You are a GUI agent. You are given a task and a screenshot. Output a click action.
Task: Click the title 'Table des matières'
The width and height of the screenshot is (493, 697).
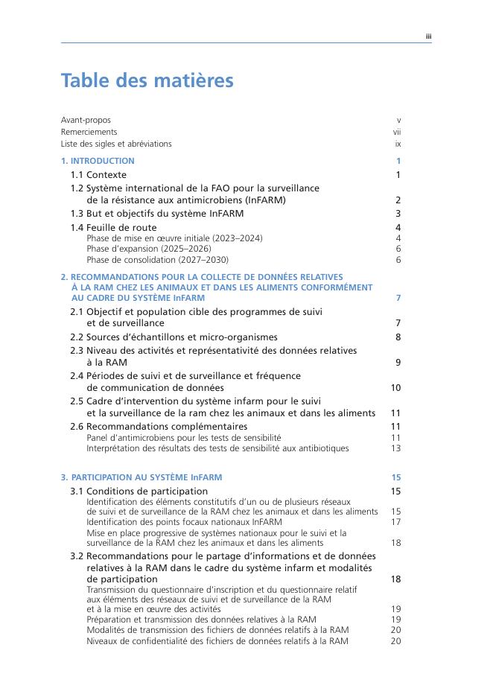147,80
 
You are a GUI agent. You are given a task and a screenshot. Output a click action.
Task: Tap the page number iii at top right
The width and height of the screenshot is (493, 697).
428,36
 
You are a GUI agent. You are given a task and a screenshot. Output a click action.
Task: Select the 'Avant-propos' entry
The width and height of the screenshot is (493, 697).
86,120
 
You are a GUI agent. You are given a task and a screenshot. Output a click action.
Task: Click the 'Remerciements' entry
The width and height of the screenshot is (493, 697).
89,132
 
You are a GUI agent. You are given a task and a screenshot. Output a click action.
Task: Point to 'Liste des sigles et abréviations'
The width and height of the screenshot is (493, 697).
116,144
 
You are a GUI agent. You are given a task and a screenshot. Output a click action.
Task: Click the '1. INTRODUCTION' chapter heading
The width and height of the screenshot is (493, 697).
98,161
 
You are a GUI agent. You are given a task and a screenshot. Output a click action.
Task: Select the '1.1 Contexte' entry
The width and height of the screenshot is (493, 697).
98,175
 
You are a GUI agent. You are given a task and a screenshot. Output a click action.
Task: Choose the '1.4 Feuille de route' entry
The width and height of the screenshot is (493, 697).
113,228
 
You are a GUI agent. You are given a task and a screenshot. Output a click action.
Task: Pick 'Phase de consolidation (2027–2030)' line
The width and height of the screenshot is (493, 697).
157,260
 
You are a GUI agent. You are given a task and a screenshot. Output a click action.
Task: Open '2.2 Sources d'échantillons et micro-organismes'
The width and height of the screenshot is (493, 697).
174,337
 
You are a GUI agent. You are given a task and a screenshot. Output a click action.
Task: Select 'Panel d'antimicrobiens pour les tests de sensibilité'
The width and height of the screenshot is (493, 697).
184,438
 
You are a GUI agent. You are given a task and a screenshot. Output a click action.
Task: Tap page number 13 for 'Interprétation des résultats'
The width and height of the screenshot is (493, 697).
396,448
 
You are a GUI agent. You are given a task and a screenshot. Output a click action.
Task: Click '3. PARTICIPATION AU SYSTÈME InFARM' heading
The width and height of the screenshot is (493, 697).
141,477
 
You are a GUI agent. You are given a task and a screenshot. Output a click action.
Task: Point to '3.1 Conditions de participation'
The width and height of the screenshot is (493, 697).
139,491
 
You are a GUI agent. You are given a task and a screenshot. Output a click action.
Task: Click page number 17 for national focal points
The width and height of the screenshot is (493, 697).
396,522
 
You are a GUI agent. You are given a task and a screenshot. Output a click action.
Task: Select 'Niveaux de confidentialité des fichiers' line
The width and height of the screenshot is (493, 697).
217,640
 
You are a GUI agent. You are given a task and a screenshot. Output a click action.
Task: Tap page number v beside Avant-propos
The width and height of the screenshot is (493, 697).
399,120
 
